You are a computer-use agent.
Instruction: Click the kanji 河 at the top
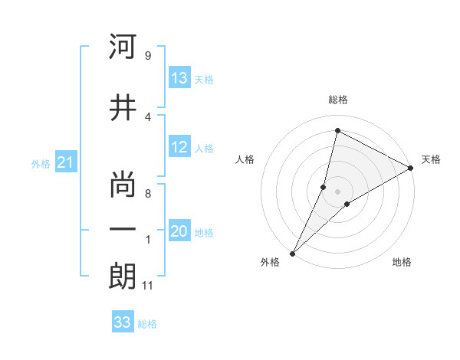123,47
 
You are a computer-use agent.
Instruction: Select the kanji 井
123,109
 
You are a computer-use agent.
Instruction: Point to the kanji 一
123,230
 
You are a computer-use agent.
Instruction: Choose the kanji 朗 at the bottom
123,277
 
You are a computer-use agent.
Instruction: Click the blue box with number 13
179,79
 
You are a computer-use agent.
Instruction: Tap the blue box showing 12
179,148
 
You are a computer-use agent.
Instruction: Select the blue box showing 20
179,232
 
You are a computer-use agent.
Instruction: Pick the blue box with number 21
65,163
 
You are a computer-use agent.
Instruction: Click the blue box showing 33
123,322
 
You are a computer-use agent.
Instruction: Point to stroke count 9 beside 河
147,56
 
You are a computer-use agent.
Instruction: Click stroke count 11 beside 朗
147,286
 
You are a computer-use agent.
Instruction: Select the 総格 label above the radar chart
337,100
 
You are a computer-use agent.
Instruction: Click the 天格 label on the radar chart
431,160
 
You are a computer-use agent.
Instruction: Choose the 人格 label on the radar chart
245,160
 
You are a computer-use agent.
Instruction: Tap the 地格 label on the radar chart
402,263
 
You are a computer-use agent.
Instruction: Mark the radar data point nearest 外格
292,253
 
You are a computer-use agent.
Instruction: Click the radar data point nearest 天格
411,168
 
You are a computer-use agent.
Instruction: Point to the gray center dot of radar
337,191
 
